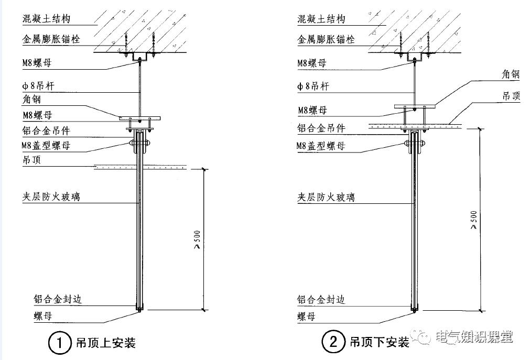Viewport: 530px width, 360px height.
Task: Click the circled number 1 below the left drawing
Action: (59, 343)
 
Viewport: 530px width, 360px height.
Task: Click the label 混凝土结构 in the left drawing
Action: (46, 19)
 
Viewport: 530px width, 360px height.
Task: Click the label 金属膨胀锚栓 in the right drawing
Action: (326, 39)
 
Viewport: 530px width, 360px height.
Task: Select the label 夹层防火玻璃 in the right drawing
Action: (326, 197)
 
